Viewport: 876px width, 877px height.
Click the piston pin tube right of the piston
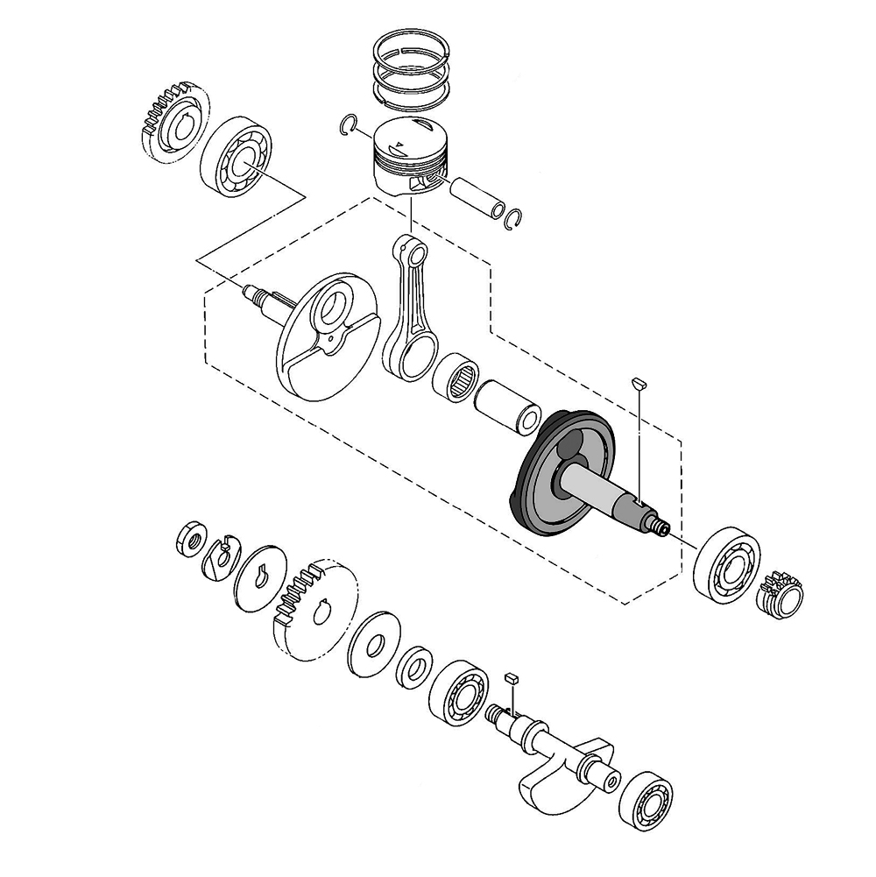pyautogui.click(x=476, y=198)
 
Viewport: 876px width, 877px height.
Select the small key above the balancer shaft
pyautogui.click(x=512, y=678)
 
